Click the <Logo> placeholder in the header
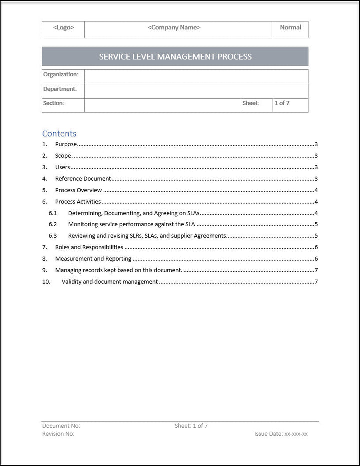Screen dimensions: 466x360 [63, 28]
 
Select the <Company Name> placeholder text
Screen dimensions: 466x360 [174, 28]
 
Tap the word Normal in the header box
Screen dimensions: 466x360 [290, 27]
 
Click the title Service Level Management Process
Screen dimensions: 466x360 [175, 57]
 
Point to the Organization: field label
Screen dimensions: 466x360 [61, 74]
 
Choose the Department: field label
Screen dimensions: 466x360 [60, 89]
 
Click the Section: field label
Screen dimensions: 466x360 [54, 103]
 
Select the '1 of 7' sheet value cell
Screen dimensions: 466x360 [282, 103]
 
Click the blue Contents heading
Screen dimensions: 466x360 [59, 133]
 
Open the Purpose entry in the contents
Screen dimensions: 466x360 [66, 144]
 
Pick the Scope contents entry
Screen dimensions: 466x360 [63, 156]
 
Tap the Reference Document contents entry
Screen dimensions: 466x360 [83, 179]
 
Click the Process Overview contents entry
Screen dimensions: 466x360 [78, 190]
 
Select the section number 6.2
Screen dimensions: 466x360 [53, 224]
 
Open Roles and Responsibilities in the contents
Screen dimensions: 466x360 [89, 247]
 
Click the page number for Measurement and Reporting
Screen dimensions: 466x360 [316, 259]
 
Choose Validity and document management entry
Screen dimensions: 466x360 [110, 282]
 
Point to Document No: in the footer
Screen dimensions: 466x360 [61, 426]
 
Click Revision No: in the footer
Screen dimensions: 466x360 [58, 434]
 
